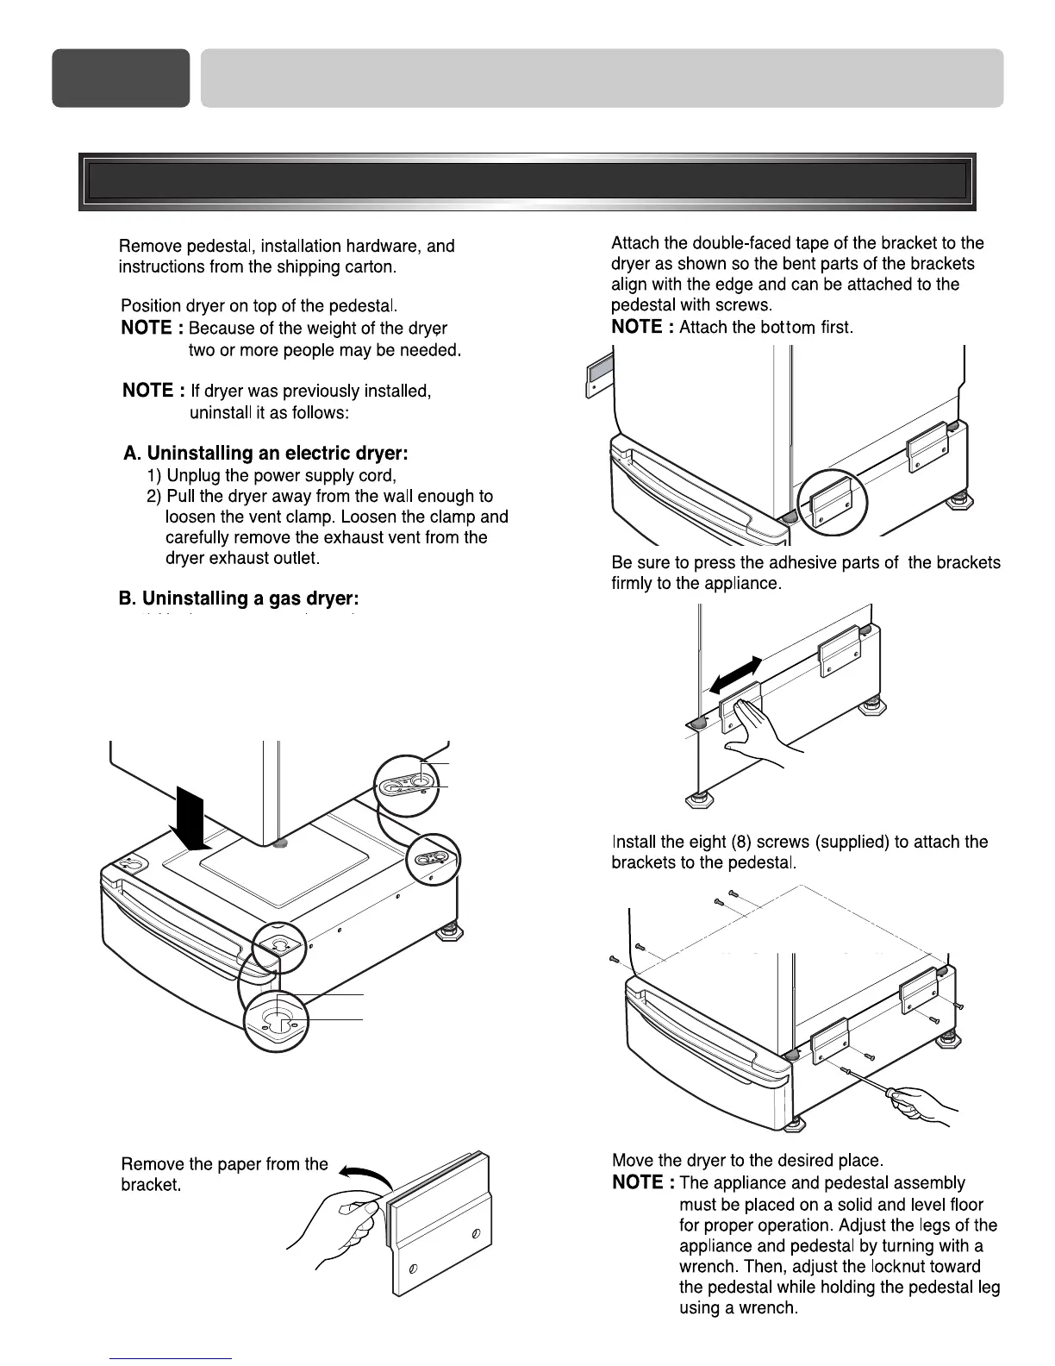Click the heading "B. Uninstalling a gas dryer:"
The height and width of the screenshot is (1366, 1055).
pos(238,598)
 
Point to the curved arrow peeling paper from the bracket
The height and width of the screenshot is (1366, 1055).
pos(365,1175)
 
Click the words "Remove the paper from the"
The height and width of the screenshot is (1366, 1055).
pos(224,1164)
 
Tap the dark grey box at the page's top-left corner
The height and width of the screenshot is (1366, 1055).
pos(121,78)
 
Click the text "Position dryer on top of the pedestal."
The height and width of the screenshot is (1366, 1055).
pos(259,306)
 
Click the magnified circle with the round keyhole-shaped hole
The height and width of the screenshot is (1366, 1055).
pos(276,1021)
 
